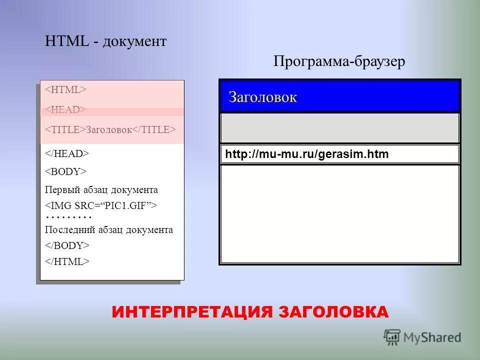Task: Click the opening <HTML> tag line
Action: (x=66, y=89)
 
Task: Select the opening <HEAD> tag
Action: (x=65, y=109)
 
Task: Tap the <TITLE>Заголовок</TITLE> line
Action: (x=110, y=129)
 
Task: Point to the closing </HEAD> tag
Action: (x=67, y=153)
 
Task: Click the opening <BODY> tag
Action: (x=66, y=171)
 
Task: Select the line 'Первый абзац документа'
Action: (x=101, y=190)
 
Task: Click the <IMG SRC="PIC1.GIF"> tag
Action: (x=101, y=205)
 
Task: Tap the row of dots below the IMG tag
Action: (x=68, y=217)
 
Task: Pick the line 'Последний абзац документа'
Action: (x=109, y=230)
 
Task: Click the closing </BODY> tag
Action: (x=67, y=245)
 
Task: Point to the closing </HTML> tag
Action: (x=67, y=261)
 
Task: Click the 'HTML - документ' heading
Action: (x=105, y=41)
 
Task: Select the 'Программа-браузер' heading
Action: (x=339, y=61)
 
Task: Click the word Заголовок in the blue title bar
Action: (x=262, y=97)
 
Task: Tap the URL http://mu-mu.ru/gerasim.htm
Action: (x=306, y=154)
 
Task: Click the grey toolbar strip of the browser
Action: (x=339, y=128)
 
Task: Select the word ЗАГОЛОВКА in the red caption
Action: (x=333, y=312)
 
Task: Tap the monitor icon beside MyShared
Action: (x=392, y=336)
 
